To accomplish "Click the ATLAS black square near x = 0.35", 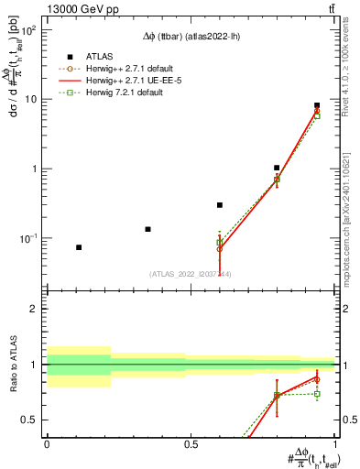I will [x=147, y=229].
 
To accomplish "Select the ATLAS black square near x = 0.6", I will [x=220, y=205].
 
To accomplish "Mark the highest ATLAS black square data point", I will [x=317, y=105].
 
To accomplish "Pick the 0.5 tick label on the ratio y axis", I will [x=30, y=420].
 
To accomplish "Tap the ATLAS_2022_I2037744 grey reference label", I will [x=191, y=274].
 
